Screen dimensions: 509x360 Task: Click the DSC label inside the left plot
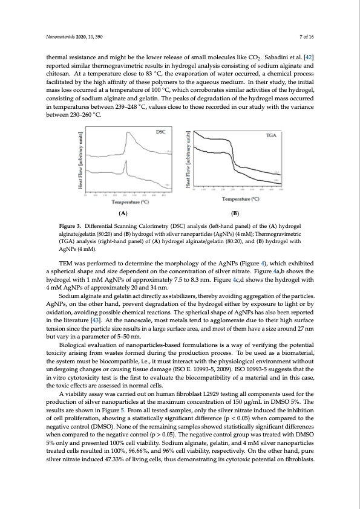point(161,131)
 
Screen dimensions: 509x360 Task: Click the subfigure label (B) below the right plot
point(241,213)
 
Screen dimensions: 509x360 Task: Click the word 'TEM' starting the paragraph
point(66,263)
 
